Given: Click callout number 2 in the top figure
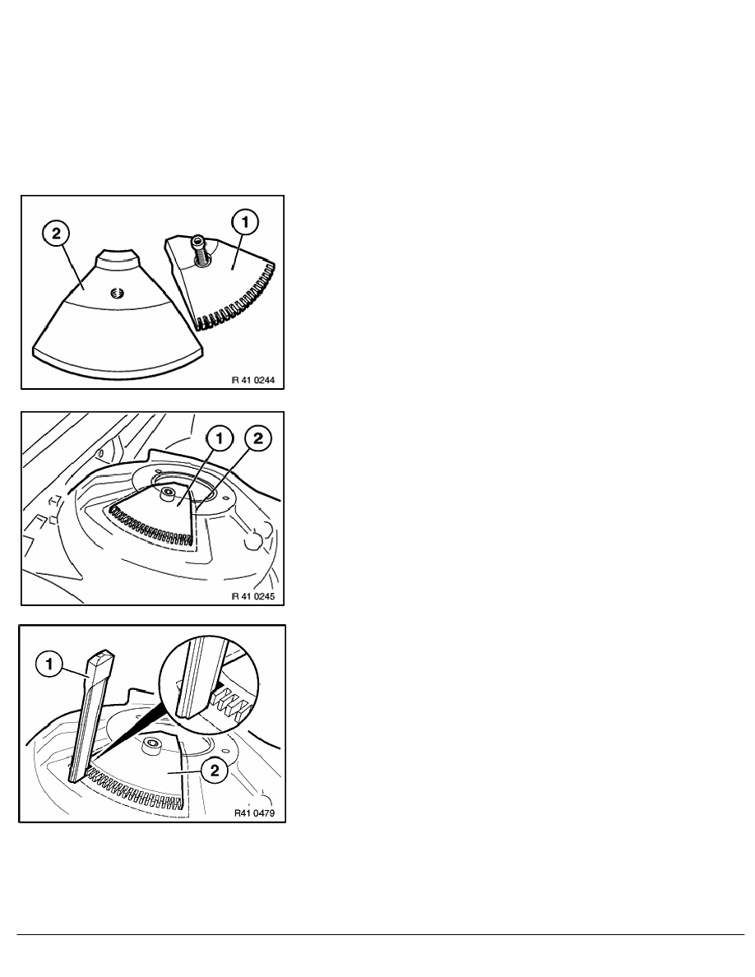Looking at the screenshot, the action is [x=57, y=234].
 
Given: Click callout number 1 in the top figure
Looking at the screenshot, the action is [x=245, y=222].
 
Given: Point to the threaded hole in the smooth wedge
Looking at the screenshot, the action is [x=114, y=293].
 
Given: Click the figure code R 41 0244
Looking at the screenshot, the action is [x=253, y=379].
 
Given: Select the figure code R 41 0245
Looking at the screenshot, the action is [x=253, y=595].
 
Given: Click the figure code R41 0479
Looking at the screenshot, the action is [x=254, y=813].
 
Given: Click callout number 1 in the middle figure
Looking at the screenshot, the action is [x=219, y=439].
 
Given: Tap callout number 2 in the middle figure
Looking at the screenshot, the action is [x=258, y=438].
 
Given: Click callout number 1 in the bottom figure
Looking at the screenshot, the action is [x=49, y=664].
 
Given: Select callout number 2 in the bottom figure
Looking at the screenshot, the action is [x=215, y=771].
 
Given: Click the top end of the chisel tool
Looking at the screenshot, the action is [x=103, y=655].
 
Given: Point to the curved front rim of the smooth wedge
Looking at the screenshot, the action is [x=118, y=367].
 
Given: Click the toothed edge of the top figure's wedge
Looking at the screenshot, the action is [x=238, y=299].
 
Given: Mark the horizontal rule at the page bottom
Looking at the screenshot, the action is [x=381, y=934].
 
